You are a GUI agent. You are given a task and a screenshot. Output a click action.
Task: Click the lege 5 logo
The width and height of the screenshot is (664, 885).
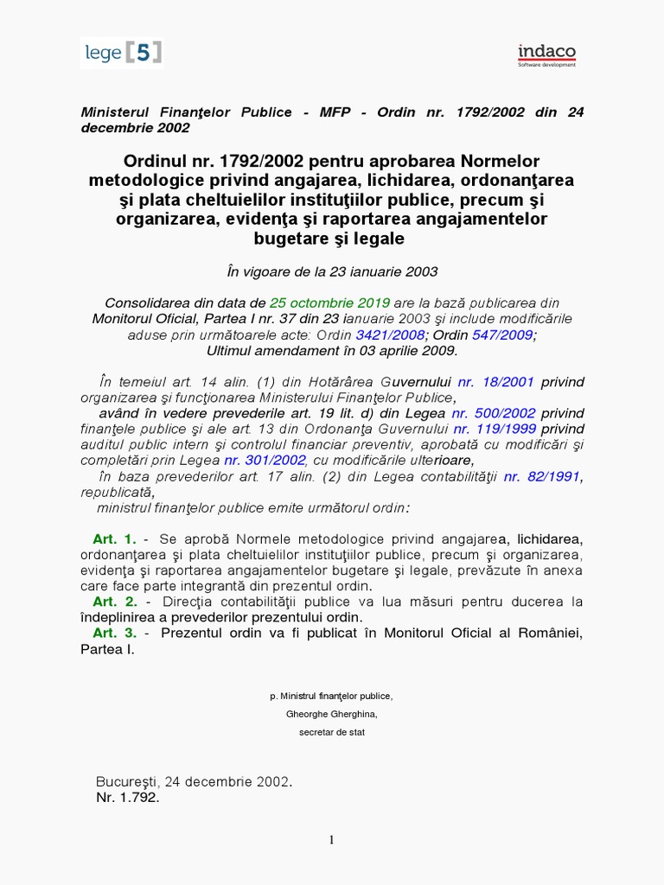(122, 53)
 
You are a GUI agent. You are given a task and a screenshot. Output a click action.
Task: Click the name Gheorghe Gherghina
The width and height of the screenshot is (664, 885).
(332, 714)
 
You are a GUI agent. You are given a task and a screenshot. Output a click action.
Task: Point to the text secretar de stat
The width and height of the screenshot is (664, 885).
(332, 732)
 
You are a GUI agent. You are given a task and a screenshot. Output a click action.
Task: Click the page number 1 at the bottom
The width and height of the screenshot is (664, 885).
(330, 839)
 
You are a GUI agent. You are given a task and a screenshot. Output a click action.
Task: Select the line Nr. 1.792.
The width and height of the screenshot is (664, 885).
(128, 798)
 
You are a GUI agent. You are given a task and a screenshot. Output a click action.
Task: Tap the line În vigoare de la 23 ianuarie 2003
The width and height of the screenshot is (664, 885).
(332, 271)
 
